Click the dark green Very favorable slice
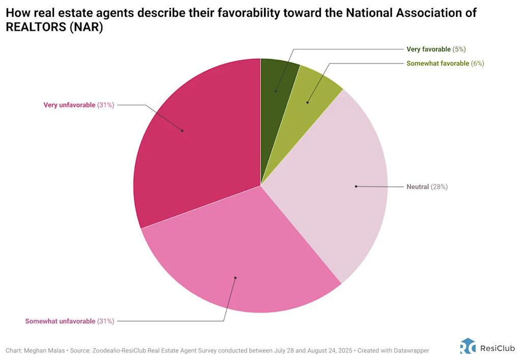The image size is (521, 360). (277, 81)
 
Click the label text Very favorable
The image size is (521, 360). (428, 49)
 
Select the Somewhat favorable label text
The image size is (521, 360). (438, 64)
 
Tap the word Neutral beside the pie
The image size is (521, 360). (418, 187)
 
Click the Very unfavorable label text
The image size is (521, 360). (69, 105)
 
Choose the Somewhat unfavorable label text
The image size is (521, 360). (60, 321)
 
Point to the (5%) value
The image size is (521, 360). (459, 49)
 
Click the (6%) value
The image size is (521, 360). (477, 64)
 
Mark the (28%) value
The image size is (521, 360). (439, 187)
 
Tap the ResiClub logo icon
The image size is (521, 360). (468, 346)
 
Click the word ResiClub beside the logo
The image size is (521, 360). (498, 348)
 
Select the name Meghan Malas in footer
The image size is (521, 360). (41, 351)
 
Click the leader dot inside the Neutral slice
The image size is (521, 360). (356, 187)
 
